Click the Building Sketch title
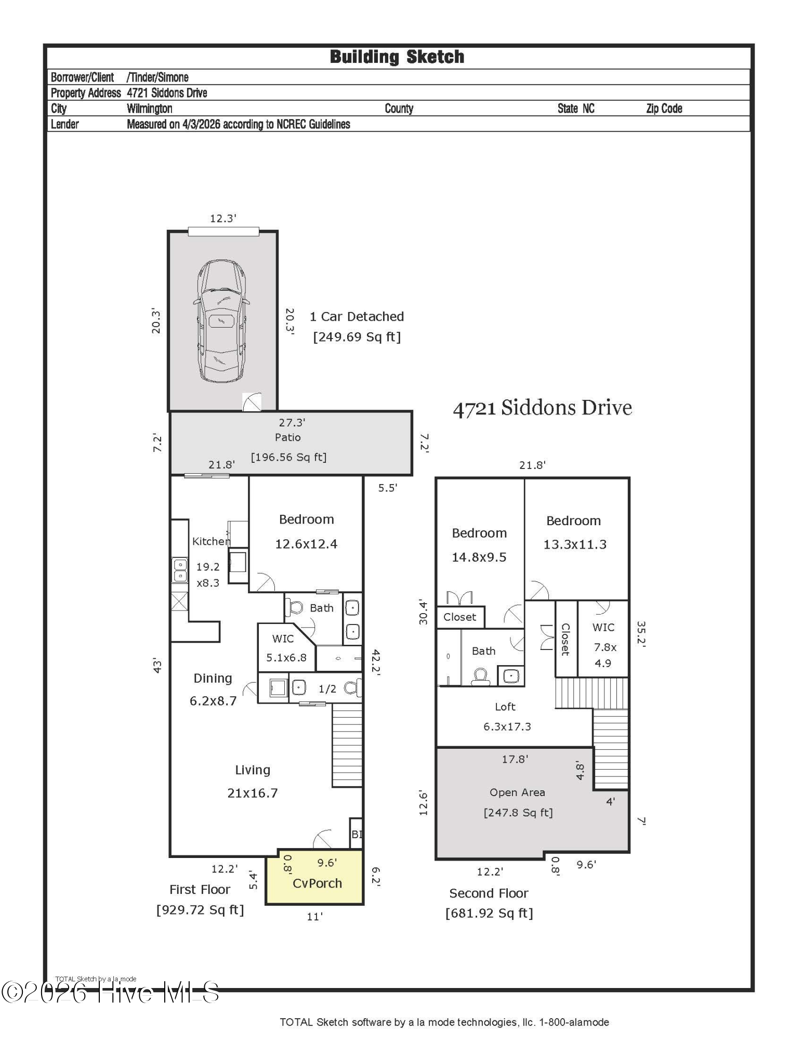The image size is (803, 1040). click(397, 57)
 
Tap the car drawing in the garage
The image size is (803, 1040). click(221, 321)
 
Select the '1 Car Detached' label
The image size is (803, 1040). click(357, 316)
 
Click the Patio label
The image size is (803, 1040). click(288, 437)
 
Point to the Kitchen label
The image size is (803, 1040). click(211, 541)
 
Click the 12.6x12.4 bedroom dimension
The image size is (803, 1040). click(306, 544)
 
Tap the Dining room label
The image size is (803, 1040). click(213, 679)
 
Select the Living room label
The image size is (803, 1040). click(253, 770)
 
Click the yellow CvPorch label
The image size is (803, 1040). click(317, 883)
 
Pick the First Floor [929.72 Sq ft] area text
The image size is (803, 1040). click(200, 900)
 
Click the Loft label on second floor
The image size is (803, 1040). click(505, 707)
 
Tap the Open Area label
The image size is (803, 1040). click(517, 792)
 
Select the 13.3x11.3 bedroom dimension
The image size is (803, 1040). click(575, 544)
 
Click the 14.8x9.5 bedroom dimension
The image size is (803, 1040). click(479, 557)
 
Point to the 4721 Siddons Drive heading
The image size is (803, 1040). click(543, 408)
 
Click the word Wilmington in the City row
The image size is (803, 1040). click(150, 109)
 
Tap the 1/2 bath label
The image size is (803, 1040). click(327, 689)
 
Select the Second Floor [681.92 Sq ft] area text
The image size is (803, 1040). click(489, 903)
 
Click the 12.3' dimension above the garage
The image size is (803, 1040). click(223, 218)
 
